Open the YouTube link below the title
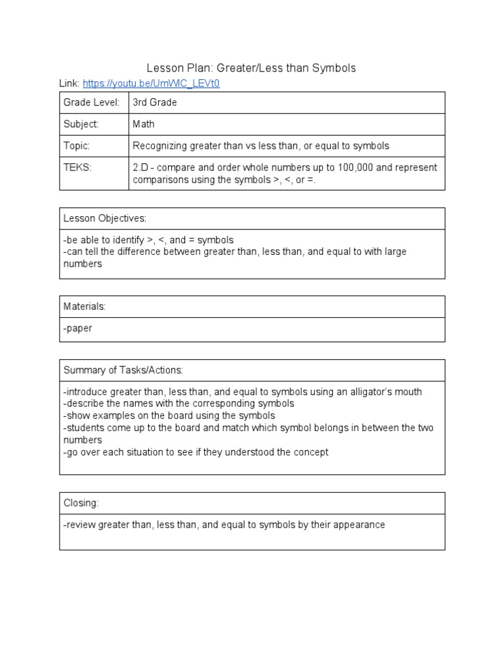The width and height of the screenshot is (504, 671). (x=151, y=84)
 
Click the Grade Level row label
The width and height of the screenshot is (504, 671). (x=91, y=103)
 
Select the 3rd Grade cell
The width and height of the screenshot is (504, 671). (x=155, y=103)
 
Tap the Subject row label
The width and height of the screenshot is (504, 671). (x=81, y=124)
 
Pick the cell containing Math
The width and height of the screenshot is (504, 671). (x=144, y=124)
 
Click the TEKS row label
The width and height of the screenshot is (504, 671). (x=77, y=167)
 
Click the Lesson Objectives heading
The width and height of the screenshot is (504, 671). (x=105, y=218)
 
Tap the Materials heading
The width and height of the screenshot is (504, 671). (x=84, y=306)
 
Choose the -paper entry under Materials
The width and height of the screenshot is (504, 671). (x=78, y=328)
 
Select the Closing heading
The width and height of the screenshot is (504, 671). (x=81, y=503)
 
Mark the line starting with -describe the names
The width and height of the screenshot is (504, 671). (x=178, y=404)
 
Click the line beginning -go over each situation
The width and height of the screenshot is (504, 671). (x=196, y=452)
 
